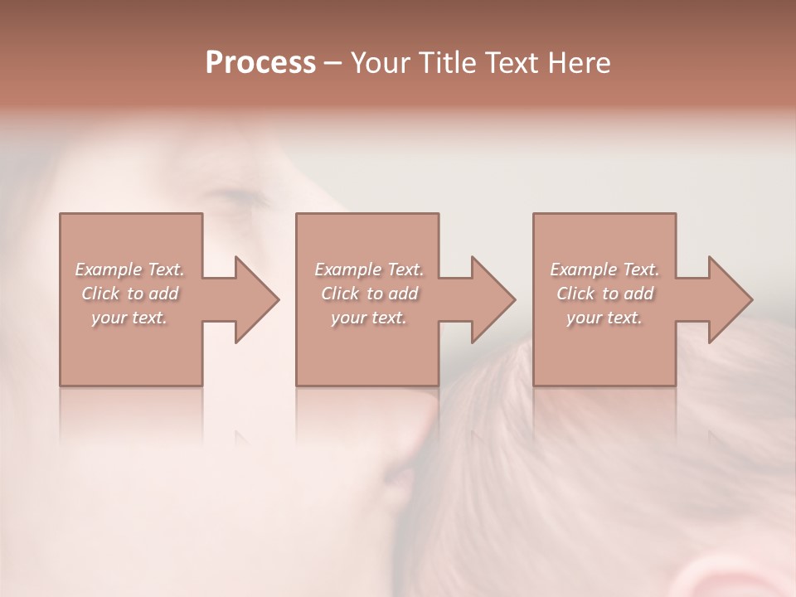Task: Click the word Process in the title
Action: (x=260, y=63)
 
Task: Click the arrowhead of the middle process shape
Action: (x=492, y=299)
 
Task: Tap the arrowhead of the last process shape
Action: (x=728, y=299)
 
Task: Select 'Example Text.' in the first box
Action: (x=129, y=269)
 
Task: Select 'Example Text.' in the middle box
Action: (x=369, y=269)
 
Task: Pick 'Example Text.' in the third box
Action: (x=604, y=269)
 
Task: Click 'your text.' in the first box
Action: (x=129, y=318)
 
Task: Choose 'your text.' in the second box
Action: (x=369, y=318)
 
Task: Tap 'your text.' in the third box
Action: (x=604, y=318)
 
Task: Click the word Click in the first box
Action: (x=100, y=294)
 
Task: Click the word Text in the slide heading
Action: (x=509, y=63)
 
